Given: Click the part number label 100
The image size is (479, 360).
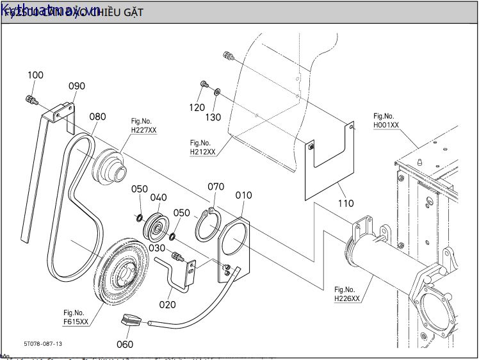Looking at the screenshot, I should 35,76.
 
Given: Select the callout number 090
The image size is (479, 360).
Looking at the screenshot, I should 77,86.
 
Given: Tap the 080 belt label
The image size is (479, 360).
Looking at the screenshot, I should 97,117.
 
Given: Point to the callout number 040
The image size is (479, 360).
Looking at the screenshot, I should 158,198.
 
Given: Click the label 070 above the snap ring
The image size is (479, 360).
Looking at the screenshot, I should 216,186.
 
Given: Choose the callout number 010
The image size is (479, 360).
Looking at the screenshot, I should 243,195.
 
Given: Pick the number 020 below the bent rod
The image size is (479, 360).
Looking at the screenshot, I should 168,305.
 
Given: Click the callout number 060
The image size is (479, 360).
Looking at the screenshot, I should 125,345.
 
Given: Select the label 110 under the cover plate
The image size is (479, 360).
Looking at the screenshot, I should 345,204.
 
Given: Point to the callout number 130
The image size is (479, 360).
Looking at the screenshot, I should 213,117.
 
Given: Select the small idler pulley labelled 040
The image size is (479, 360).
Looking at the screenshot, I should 156,225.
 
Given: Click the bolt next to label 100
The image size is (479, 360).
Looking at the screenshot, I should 31,99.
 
